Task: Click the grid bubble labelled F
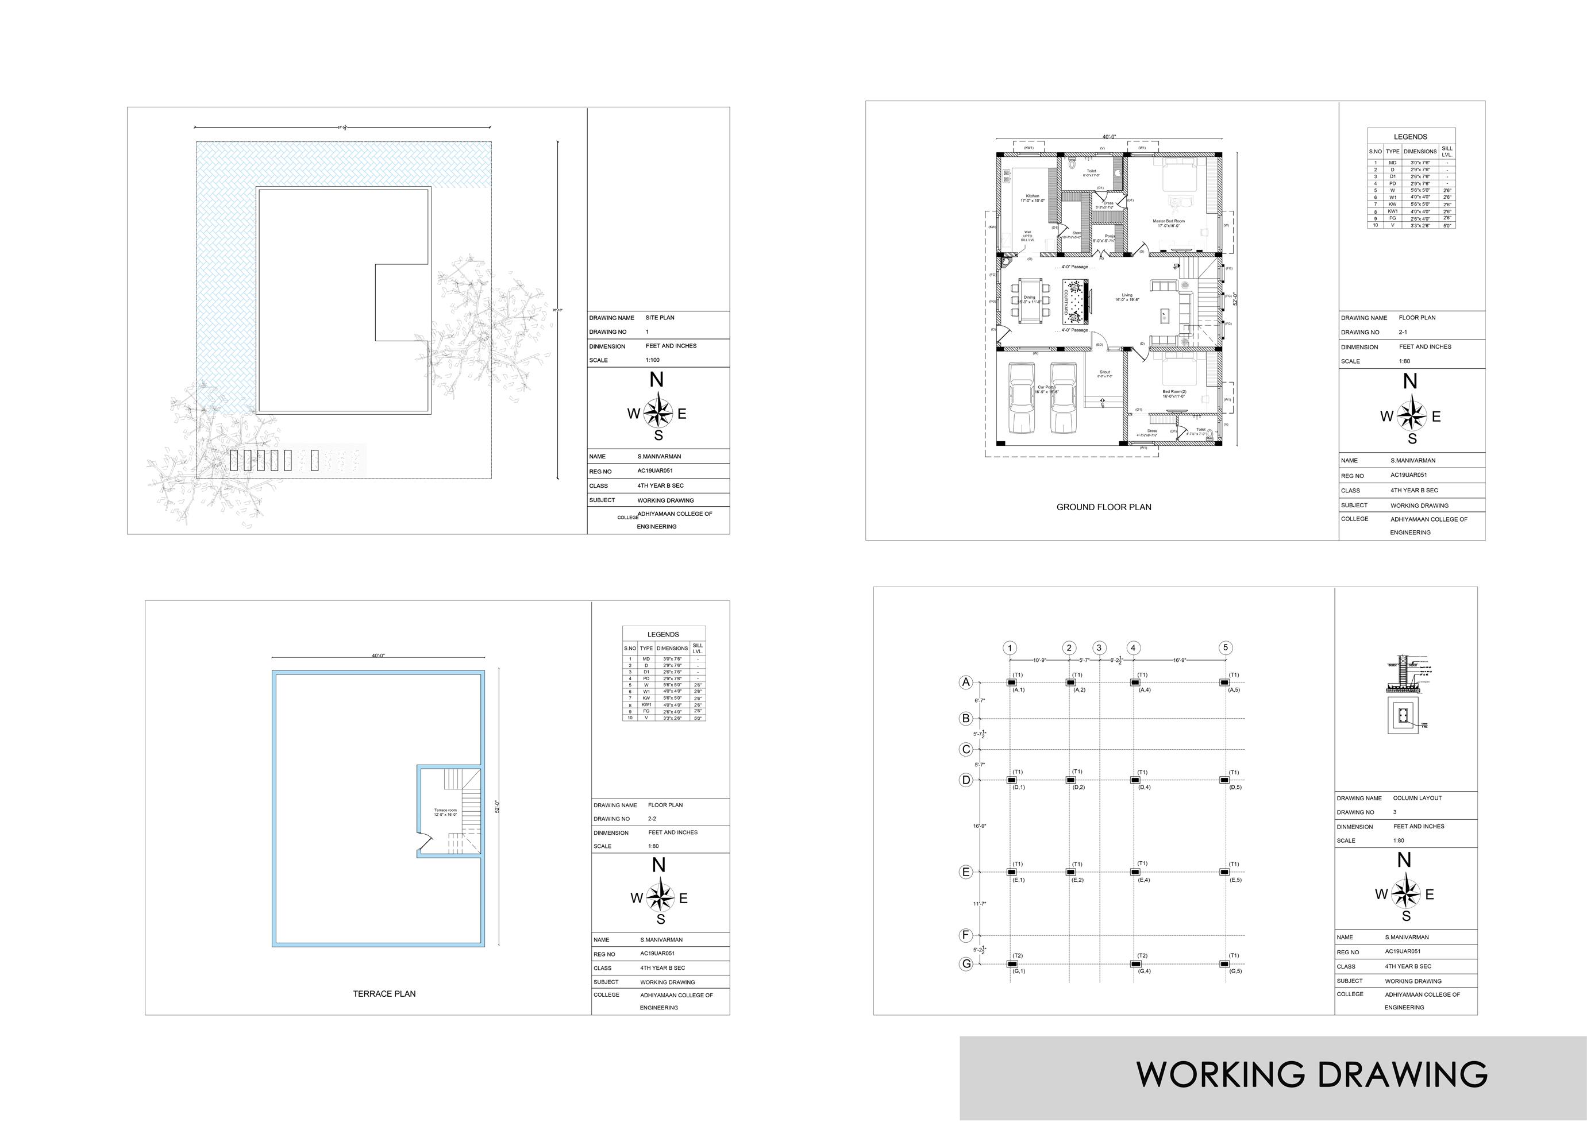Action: point(966,935)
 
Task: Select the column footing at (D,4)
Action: point(1134,780)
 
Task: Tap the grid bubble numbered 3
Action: point(1099,648)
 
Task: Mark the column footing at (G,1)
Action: point(1012,963)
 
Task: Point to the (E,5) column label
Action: point(1235,880)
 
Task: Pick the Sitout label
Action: point(1104,373)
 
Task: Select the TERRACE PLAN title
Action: point(384,993)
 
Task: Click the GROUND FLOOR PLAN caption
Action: point(1104,507)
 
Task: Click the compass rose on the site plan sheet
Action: point(658,414)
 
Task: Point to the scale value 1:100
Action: point(653,360)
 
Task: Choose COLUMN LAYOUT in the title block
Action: point(1417,798)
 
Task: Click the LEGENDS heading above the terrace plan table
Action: point(663,634)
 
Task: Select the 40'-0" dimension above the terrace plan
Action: point(378,656)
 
